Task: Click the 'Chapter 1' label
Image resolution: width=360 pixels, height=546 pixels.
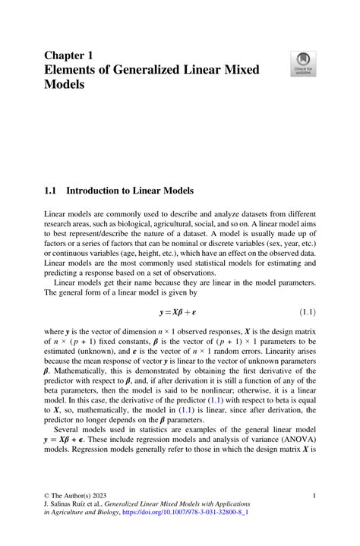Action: click(68, 55)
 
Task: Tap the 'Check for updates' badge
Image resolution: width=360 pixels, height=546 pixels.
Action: click(304, 64)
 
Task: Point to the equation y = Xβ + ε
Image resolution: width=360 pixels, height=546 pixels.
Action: click(180, 312)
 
